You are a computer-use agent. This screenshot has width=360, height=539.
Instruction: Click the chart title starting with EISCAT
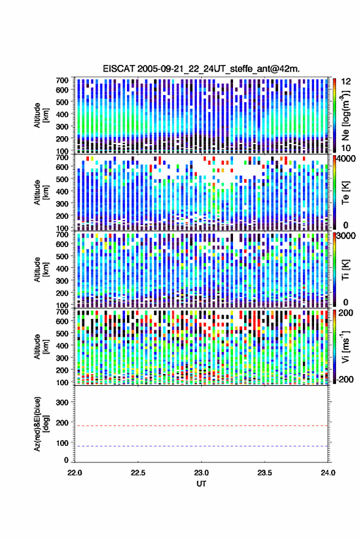(201, 69)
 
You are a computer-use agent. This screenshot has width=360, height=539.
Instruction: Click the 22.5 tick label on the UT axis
(138, 473)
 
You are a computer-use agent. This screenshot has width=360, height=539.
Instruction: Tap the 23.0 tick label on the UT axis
(201, 473)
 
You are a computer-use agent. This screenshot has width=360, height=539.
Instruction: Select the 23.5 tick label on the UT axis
(264, 473)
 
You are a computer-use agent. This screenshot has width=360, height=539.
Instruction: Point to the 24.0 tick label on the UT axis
(327, 473)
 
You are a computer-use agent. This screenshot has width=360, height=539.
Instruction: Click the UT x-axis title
(201, 484)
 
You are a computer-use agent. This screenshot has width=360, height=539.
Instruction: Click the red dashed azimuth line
(201, 426)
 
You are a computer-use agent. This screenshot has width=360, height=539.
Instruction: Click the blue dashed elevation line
(201, 446)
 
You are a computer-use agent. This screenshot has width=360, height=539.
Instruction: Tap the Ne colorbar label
(345, 115)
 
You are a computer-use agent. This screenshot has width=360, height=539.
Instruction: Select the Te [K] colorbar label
(345, 193)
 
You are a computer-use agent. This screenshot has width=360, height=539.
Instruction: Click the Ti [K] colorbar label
(345, 270)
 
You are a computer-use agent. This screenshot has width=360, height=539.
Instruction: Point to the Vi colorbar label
(345, 347)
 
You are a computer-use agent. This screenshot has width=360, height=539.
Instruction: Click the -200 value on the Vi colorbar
(344, 380)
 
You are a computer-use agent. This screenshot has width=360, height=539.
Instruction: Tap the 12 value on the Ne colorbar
(346, 82)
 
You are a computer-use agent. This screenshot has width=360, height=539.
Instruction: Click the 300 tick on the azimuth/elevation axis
(62, 402)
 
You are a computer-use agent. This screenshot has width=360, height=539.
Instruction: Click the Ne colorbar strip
(335, 115)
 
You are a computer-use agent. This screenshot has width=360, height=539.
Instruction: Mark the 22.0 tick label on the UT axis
(75, 473)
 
